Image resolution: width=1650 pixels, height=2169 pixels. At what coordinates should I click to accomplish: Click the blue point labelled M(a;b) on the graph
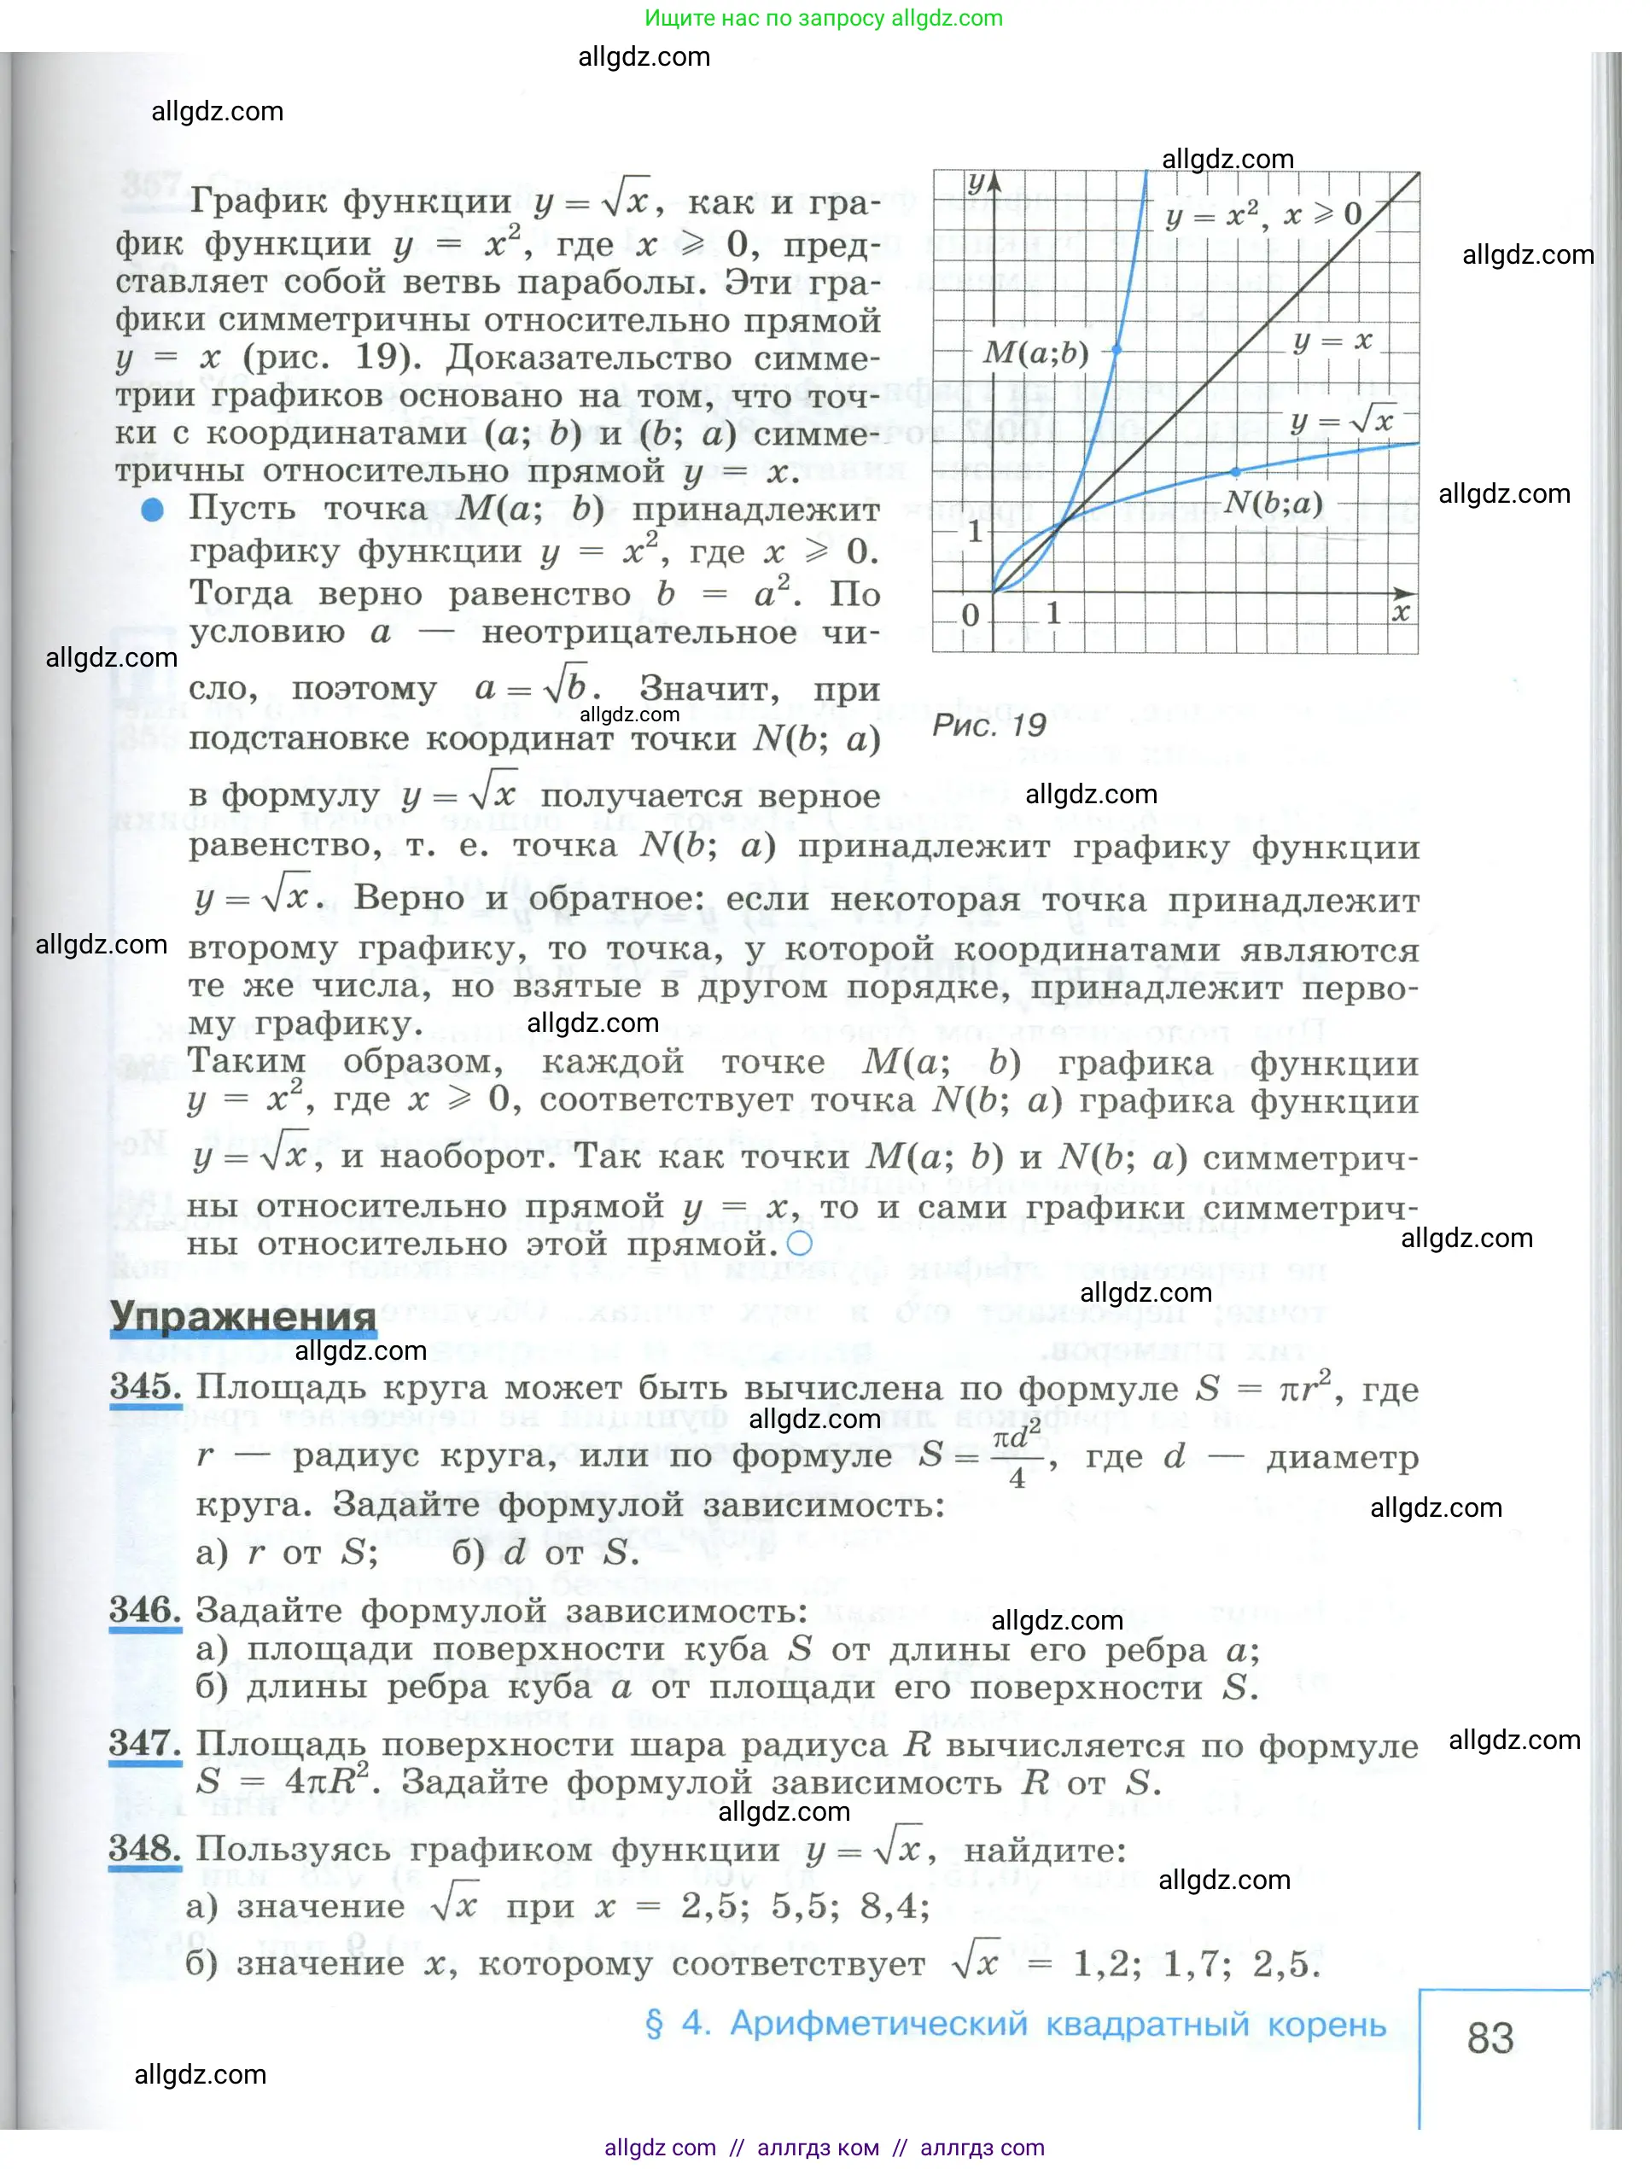point(1117,350)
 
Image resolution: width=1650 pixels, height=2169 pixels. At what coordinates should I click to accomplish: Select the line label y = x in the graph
point(1332,341)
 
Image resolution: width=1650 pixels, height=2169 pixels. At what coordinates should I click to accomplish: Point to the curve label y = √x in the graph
point(1342,421)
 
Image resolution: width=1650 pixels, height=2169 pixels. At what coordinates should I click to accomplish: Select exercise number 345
point(145,1386)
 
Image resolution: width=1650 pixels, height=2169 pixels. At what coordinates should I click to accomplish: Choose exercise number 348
point(145,1848)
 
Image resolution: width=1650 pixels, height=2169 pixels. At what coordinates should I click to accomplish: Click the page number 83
point(1490,2038)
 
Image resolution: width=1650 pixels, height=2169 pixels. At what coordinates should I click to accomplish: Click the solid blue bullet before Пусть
point(152,509)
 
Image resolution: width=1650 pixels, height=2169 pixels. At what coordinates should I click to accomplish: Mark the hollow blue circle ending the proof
point(800,1243)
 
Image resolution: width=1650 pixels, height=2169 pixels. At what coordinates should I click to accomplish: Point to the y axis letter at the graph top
point(976,183)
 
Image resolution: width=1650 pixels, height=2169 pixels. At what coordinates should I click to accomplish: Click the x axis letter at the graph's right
point(1401,613)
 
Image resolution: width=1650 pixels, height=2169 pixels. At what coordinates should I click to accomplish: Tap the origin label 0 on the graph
point(971,615)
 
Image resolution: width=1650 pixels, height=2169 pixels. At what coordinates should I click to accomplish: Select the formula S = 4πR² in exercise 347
point(283,1781)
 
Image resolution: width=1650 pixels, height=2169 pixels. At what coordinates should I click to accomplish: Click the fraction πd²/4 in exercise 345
point(1016,1455)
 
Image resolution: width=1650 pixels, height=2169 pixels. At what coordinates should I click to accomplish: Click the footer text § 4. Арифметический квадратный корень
point(1015,2024)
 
